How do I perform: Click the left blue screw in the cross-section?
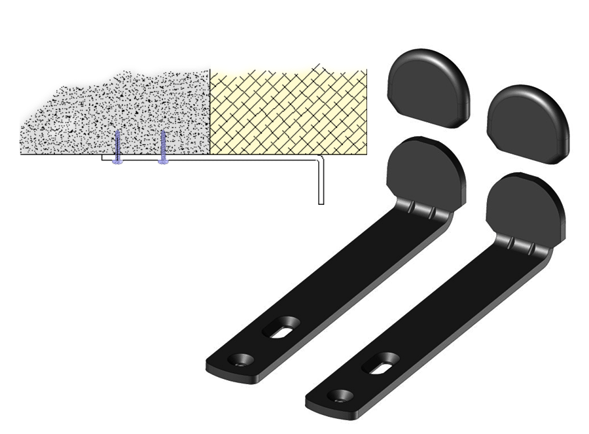click(117, 148)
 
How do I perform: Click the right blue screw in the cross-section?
click(163, 147)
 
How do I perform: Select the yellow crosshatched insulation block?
click(288, 111)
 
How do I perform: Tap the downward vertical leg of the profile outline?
click(321, 183)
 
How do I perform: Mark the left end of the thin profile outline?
click(103, 158)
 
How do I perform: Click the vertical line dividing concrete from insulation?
click(209, 111)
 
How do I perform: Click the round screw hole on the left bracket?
click(243, 359)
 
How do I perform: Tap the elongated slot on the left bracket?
click(282, 327)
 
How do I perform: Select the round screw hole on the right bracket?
click(342, 395)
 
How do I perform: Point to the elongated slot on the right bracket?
click(381, 363)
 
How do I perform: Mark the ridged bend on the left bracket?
click(422, 209)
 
